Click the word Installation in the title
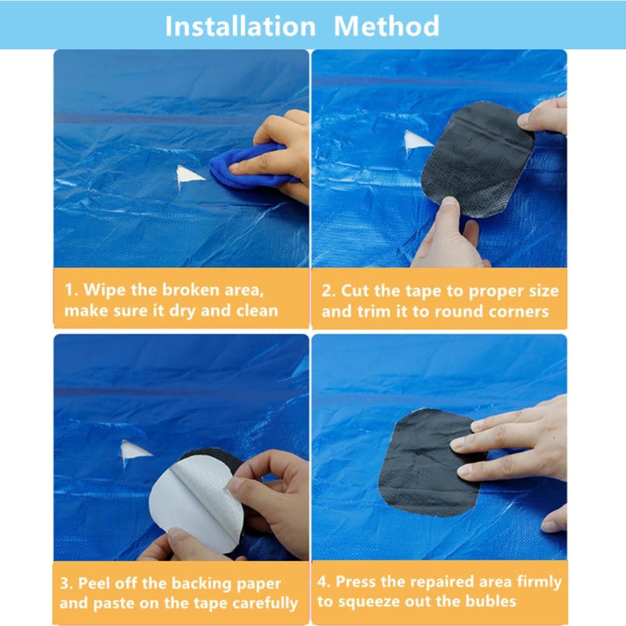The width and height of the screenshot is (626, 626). coord(240,26)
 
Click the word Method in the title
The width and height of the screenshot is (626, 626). coord(386,26)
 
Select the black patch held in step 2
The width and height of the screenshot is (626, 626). coord(478,159)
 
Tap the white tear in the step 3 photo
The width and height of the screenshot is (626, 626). coord(134,451)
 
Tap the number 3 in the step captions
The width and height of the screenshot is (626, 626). coord(65,583)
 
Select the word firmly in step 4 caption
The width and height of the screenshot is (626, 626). coord(539,582)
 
